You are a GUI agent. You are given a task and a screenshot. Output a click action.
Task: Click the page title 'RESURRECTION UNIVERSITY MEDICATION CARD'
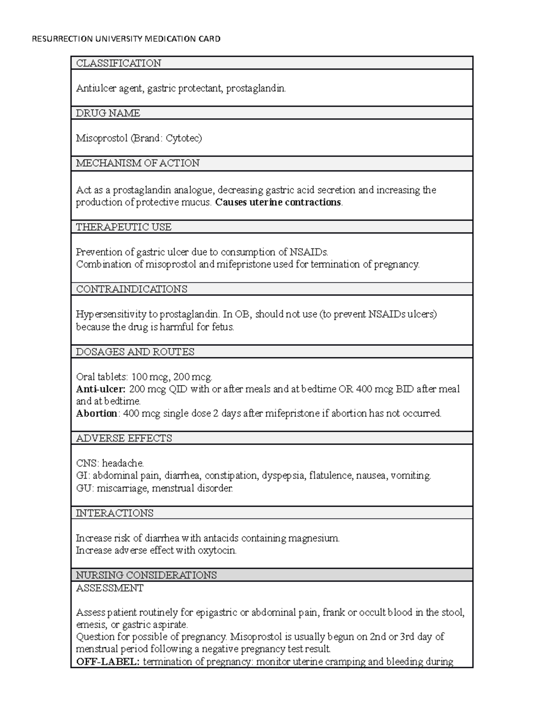126,39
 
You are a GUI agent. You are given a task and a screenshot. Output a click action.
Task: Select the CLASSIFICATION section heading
118,63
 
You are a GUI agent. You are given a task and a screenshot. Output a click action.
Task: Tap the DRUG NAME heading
108,113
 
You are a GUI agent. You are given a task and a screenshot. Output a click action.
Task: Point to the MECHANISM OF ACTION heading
137,163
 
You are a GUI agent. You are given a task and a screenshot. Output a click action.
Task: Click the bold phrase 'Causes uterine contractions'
278,202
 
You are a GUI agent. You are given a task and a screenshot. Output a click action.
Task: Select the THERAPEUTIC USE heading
123,227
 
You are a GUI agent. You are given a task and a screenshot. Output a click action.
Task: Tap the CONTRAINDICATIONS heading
131,289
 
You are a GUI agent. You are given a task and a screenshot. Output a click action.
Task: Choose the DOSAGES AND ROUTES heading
135,352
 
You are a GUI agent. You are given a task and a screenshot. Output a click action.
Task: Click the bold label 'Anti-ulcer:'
100,389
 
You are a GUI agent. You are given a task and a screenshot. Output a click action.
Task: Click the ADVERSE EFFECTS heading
124,438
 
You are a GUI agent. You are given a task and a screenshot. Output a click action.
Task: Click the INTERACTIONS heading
114,513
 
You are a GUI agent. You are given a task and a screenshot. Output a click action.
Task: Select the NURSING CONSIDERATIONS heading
146,575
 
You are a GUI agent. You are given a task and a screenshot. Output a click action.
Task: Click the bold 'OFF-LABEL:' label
108,661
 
